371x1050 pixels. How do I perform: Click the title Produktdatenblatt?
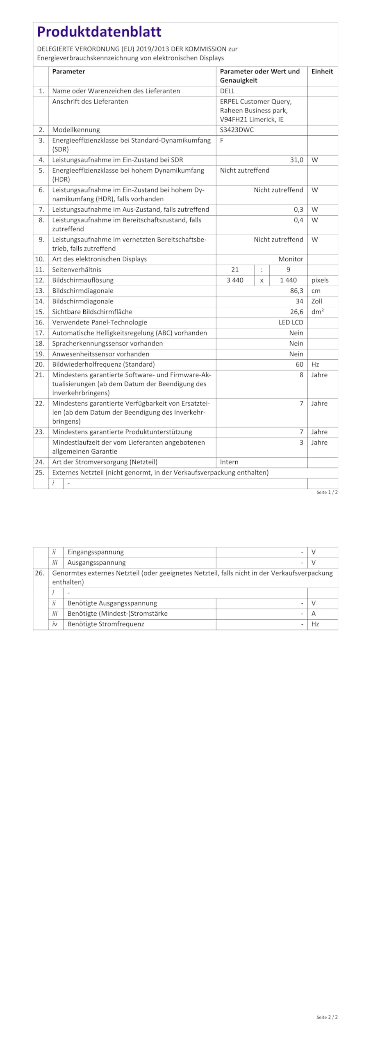99,32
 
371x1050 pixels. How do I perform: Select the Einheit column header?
322,71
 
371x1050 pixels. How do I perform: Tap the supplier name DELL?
227,91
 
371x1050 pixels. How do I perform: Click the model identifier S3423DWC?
237,130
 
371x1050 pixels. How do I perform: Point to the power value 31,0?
296,160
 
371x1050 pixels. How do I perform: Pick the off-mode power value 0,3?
298,210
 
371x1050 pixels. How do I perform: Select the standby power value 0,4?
298,220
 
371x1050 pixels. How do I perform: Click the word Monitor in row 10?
291,259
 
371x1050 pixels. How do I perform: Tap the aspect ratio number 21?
235,270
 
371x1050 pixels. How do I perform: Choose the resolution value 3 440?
235,280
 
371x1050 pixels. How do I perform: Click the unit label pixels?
320,280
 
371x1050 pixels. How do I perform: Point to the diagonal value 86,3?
296,291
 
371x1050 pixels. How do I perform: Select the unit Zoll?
316,301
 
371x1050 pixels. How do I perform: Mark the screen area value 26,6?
296,312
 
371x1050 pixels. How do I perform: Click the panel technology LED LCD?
291,322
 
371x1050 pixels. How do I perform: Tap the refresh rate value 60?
299,364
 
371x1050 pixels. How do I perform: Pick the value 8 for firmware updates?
301,375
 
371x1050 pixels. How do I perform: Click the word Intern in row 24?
229,462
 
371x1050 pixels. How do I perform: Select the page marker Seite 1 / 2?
327,492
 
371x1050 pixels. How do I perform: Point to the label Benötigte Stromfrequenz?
106,624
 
